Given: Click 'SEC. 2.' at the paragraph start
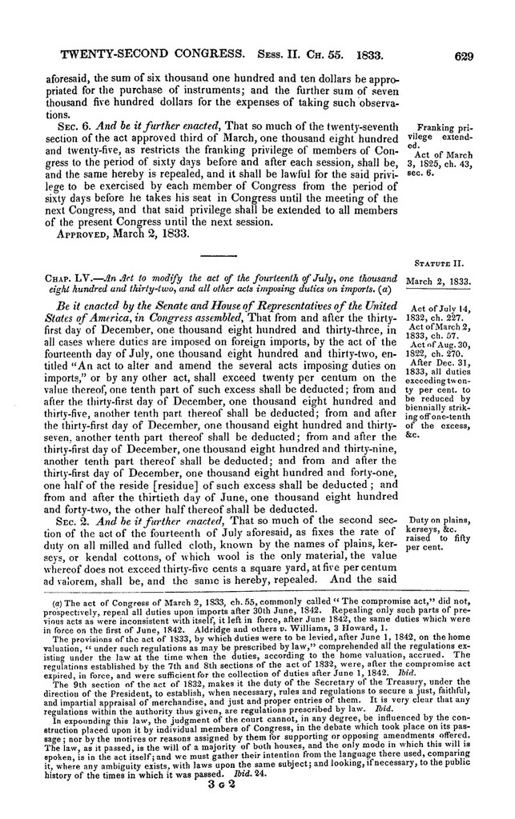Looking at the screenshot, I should [72, 520].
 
